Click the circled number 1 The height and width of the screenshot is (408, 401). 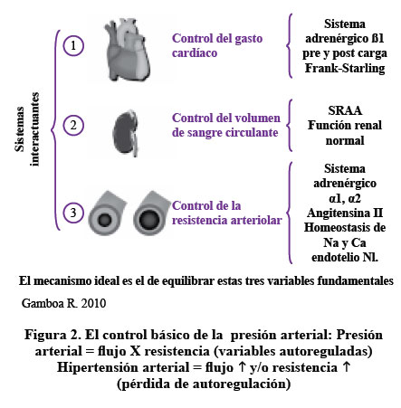[x=73, y=46]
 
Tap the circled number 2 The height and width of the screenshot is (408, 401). [x=73, y=125]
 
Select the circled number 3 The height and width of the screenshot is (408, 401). [x=73, y=213]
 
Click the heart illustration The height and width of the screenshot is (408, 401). [x=127, y=49]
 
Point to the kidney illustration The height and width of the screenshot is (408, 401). [x=125, y=133]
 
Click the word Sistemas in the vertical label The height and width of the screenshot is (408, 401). [x=20, y=128]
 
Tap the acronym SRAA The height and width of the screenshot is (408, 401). [x=345, y=110]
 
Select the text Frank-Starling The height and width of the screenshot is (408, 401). [x=345, y=68]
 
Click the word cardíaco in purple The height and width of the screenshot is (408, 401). [x=195, y=53]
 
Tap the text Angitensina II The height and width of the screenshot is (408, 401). [x=345, y=213]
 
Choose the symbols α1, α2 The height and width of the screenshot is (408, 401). [x=345, y=198]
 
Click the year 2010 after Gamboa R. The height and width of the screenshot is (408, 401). [x=93, y=303]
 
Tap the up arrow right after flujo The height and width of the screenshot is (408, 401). [x=242, y=367]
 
